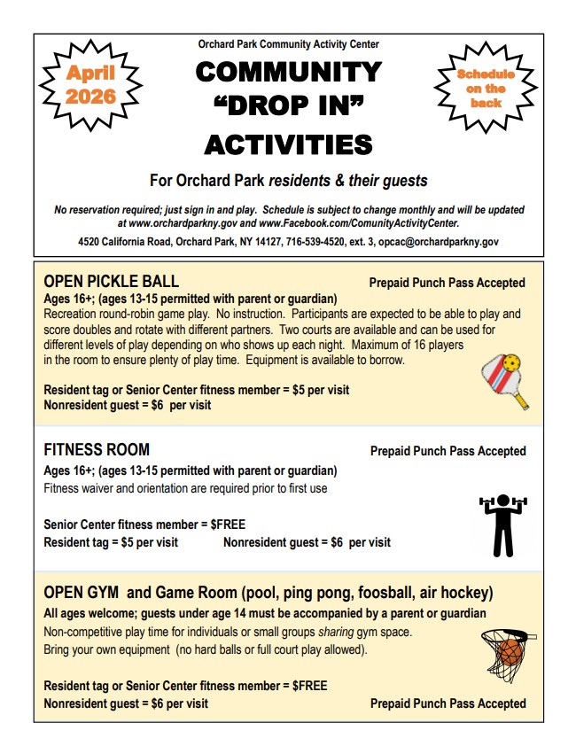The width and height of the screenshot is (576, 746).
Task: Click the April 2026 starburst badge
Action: pos(90,85)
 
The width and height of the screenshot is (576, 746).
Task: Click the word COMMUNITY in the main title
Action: pos(288,72)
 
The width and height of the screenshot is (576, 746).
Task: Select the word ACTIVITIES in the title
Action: pos(288,144)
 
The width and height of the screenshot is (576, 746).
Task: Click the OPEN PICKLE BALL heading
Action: pos(112,282)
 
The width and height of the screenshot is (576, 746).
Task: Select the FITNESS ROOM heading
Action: pos(97,450)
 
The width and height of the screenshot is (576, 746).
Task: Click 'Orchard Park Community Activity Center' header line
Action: pos(288,44)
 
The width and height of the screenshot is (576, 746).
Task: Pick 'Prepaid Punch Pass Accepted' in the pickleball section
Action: pos(448,284)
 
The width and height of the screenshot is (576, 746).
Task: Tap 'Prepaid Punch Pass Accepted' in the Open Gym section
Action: pos(448,703)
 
